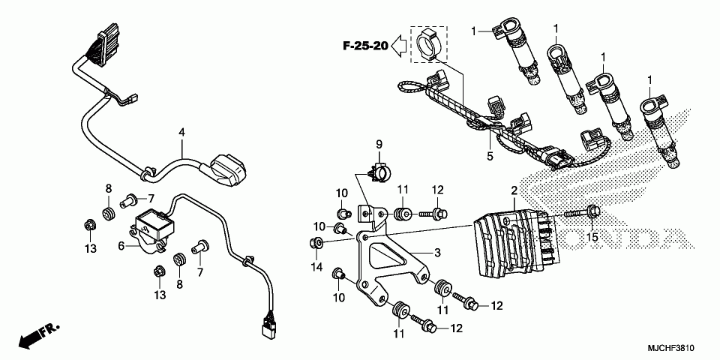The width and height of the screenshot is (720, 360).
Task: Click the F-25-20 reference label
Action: point(365,46)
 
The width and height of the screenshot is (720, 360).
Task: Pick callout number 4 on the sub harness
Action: point(181,133)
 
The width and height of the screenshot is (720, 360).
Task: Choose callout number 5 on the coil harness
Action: point(489,156)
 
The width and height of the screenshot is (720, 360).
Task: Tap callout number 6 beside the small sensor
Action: point(121,245)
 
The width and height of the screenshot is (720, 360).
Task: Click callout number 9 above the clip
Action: point(379,143)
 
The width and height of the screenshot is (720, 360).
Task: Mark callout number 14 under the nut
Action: point(316,267)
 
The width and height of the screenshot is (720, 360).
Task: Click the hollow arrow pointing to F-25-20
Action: point(401,46)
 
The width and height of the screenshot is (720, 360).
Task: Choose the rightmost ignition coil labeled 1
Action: point(660,131)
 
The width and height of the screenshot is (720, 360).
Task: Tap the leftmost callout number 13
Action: point(90,247)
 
